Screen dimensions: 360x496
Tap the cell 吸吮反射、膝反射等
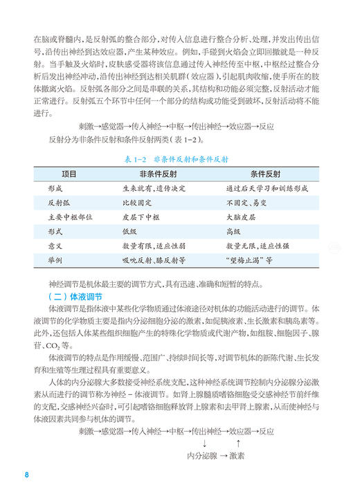153,260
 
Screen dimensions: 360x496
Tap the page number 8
26,475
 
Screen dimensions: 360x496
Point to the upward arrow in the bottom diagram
237,443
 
